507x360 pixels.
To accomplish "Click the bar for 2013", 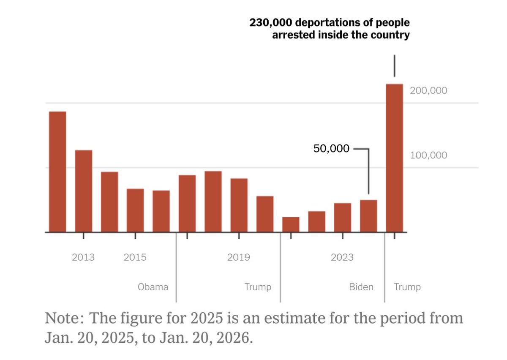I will point(84,191).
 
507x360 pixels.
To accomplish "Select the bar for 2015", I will point(135,210).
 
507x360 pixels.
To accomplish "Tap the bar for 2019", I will point(239,205).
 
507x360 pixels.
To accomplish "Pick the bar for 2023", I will point(342,217).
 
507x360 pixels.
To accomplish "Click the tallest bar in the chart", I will point(394,158).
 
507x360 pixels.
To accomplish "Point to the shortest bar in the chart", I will point(291,224).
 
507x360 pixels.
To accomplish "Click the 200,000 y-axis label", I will point(428,91).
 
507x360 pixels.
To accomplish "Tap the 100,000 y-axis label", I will point(428,155).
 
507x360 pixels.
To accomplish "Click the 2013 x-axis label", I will point(83,257).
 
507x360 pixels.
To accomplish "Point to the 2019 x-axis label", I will point(238,257).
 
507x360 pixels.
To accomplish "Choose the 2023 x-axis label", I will point(342,257).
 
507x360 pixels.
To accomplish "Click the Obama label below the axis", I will point(153,287).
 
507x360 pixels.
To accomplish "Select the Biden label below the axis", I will point(361,287).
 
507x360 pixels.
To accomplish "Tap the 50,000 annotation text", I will point(331,149).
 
